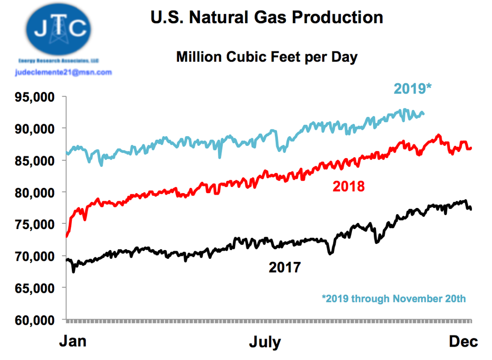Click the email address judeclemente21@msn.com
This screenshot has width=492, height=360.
point(63,72)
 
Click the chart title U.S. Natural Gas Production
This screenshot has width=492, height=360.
point(267,17)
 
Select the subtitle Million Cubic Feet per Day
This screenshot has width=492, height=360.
point(267,57)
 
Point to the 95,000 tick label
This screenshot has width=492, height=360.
point(35,97)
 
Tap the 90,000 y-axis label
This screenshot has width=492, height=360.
point(35,129)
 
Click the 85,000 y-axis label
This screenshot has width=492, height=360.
point(35,161)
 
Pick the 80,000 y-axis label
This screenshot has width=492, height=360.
point(35,193)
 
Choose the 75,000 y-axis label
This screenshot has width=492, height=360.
point(35,224)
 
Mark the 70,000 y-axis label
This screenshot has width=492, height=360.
point(35,256)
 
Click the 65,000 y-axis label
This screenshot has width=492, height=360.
point(35,288)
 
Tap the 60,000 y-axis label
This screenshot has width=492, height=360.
point(35,320)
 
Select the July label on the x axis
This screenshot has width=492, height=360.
point(265,343)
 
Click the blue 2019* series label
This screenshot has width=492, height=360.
point(412,88)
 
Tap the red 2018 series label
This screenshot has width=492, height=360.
point(348,186)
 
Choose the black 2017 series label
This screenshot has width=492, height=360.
point(284,267)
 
